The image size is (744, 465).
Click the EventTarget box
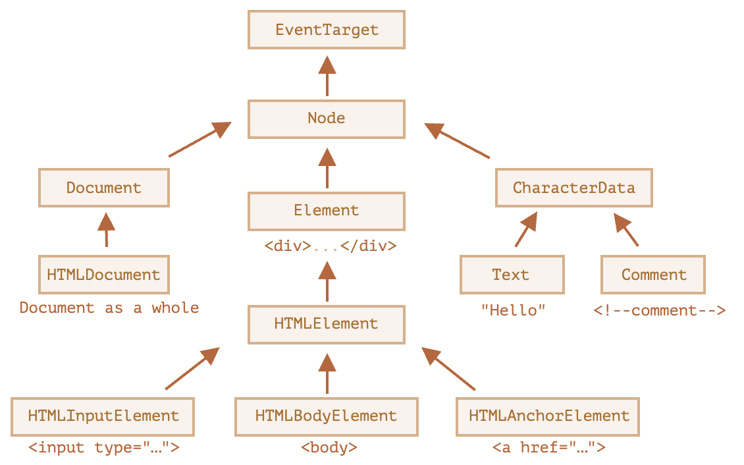[x=327, y=30]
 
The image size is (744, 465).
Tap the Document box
[x=104, y=188]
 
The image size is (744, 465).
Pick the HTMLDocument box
[x=104, y=275]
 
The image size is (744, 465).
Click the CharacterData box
[x=574, y=188]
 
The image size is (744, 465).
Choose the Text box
[x=512, y=275]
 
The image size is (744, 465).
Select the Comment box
[x=653, y=275]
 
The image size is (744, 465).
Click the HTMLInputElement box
[x=103, y=417]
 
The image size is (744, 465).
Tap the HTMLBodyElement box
[x=327, y=417]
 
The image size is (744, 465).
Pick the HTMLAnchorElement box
[x=548, y=417]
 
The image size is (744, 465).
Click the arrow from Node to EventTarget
[x=327, y=76]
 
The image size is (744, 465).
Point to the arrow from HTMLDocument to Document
[x=106, y=230]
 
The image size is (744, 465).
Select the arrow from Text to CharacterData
[x=526, y=229]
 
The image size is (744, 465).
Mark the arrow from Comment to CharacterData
[x=626, y=229]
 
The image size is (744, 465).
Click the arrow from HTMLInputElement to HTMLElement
[x=193, y=368]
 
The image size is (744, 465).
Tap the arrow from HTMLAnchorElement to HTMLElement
[x=448, y=369]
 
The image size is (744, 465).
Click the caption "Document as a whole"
[x=109, y=308]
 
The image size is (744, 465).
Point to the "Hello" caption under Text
[x=514, y=310]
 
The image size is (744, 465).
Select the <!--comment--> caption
[x=660, y=310]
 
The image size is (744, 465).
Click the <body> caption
[x=329, y=447]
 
